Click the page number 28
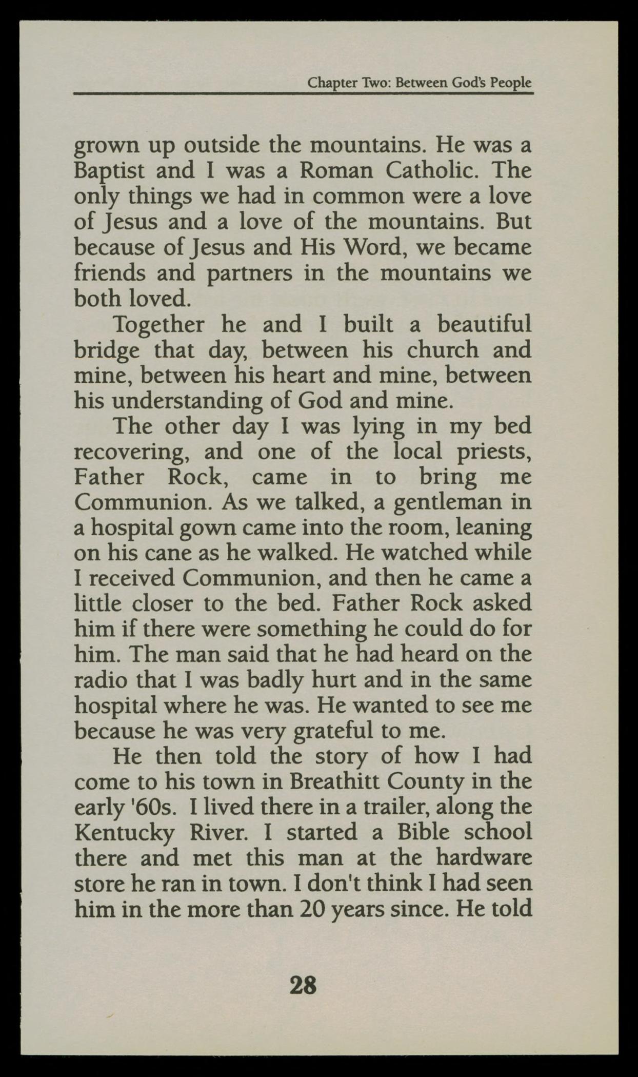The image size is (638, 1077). [303, 985]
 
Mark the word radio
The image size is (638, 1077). [101, 680]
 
